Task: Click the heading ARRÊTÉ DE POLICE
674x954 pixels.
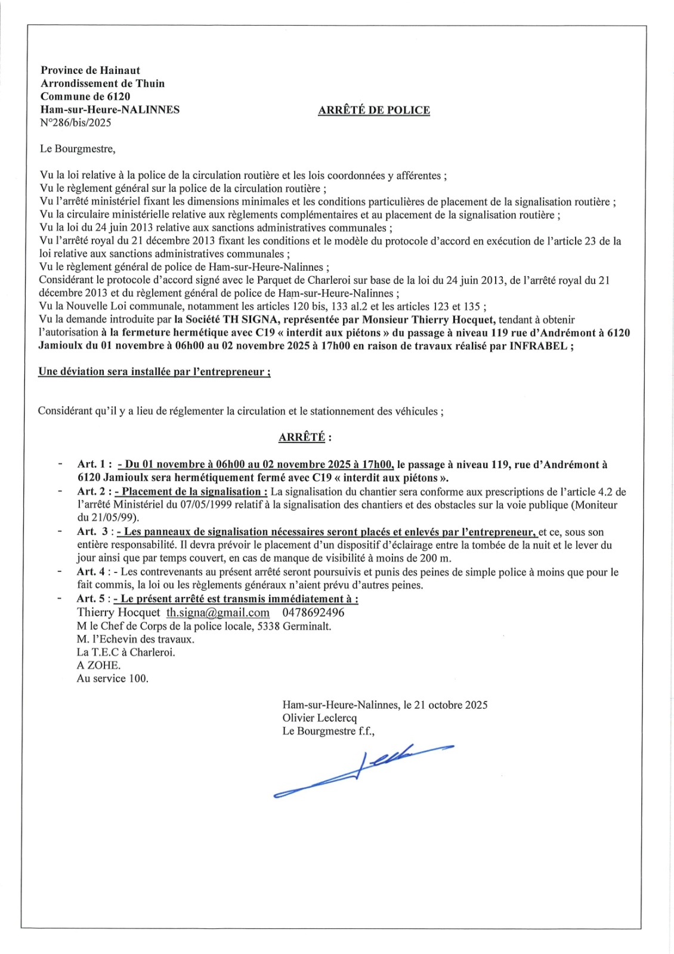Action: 374,110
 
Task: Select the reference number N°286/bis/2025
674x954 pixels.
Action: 76,123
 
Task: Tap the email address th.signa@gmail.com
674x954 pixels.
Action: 218,612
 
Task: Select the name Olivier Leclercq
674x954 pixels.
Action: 320,718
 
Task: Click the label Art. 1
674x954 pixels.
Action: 94,464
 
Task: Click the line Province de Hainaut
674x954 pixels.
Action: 91,70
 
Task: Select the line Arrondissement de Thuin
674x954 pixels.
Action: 103,83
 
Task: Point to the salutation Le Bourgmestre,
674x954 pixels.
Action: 78,149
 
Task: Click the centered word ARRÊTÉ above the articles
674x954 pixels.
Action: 302,437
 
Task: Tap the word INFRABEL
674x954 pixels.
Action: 538,346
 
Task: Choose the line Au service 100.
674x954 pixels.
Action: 113,679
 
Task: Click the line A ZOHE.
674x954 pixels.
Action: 99,665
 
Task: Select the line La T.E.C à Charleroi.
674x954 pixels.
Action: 126,652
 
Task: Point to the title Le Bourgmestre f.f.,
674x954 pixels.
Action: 329,731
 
